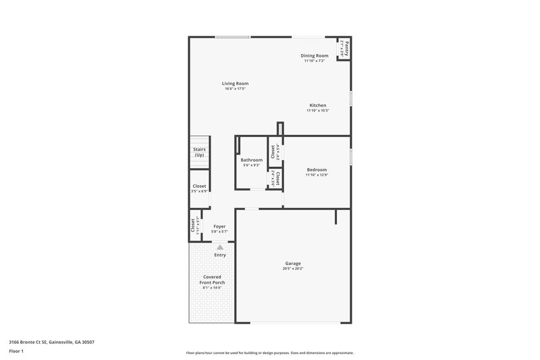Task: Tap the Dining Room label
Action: (315, 55)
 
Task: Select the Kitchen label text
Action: (318, 105)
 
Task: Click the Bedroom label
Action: (317, 170)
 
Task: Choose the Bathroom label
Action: (252, 160)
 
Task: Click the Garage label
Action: (293, 263)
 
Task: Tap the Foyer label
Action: (219, 226)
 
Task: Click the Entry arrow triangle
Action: (219, 248)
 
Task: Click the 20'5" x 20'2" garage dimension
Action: (293, 269)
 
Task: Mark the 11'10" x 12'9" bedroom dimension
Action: (317, 175)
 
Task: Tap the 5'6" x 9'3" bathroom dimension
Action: (252, 165)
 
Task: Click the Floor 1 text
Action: (16, 352)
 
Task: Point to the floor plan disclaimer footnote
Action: (270, 353)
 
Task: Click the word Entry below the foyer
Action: (220, 255)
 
